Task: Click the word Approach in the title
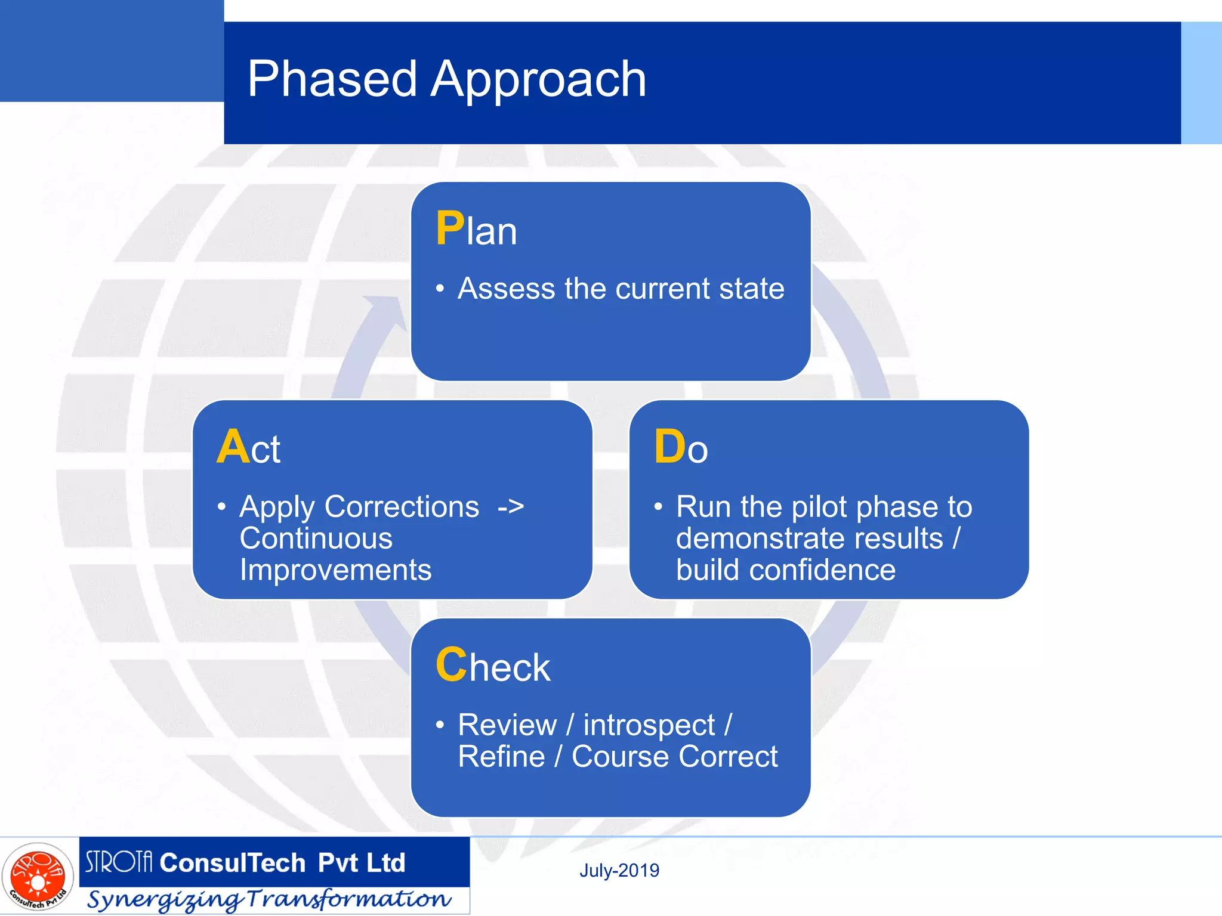[538, 81]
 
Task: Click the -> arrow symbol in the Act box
[511, 507]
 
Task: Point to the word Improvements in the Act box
[335, 570]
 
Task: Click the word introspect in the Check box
[649, 725]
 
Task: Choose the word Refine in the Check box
[501, 757]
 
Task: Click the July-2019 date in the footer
[619, 871]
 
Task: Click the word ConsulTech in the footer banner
[233, 863]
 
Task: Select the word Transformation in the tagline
[349, 899]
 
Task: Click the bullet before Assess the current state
[440, 289]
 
